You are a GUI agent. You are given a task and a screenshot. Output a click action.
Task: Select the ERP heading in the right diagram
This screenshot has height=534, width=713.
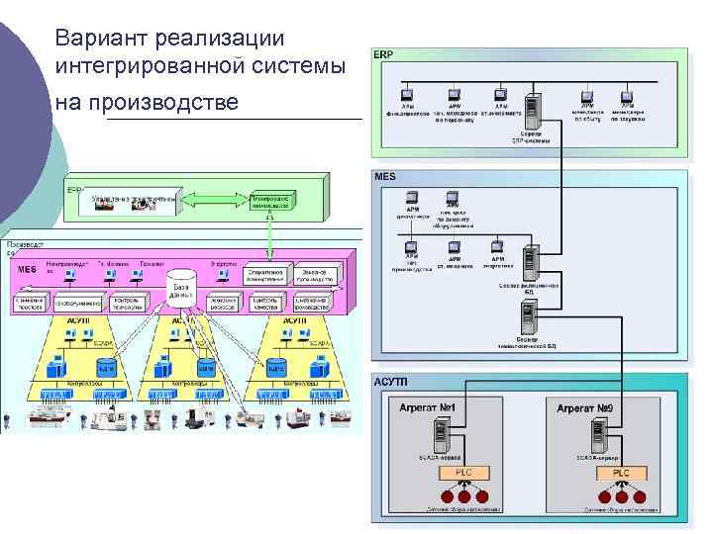(383, 54)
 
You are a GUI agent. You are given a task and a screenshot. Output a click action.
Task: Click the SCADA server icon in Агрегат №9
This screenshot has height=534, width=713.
(599, 433)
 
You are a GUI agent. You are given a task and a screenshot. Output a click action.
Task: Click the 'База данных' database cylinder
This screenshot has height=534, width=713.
(181, 287)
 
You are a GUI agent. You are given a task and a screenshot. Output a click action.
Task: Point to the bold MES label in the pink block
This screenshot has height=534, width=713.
(29, 269)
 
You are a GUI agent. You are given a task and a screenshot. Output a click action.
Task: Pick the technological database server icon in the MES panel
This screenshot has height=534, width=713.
(529, 317)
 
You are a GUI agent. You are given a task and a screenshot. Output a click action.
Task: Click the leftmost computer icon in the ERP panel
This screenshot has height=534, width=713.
(407, 94)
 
